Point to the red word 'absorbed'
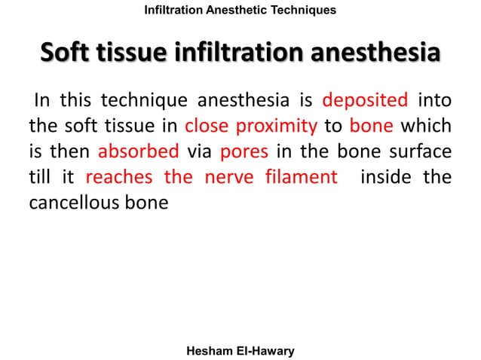[139, 151]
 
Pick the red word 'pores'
[243, 151]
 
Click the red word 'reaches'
[119, 177]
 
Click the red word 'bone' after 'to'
[366, 126]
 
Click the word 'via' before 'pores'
[199, 151]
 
